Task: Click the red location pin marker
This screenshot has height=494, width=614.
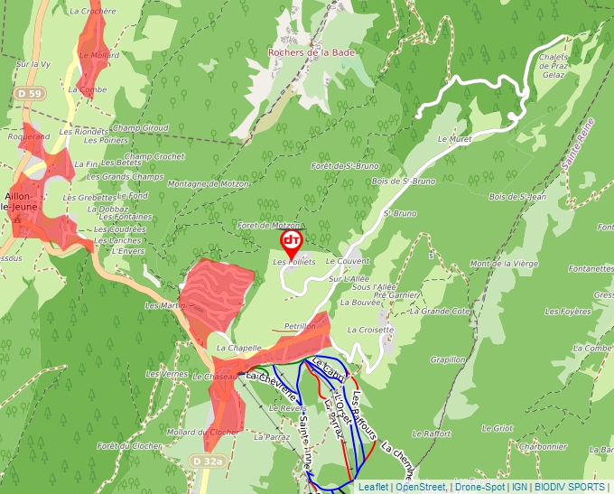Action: [292, 241]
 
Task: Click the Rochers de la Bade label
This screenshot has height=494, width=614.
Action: [312, 51]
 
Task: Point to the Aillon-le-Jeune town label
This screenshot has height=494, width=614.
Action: [19, 200]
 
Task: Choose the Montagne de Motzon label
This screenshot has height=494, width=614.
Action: [208, 183]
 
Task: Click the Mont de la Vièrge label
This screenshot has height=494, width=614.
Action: [503, 263]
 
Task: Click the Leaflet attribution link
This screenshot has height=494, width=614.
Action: [374, 487]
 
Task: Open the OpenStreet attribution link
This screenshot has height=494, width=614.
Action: [420, 487]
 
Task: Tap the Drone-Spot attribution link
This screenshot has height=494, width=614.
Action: [479, 487]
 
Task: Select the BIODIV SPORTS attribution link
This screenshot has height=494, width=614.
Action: [570, 487]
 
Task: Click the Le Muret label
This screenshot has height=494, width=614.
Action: [455, 140]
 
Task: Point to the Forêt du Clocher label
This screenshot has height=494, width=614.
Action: [130, 445]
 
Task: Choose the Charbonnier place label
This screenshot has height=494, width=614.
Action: [543, 445]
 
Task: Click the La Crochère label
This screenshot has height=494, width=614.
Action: [92, 11]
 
